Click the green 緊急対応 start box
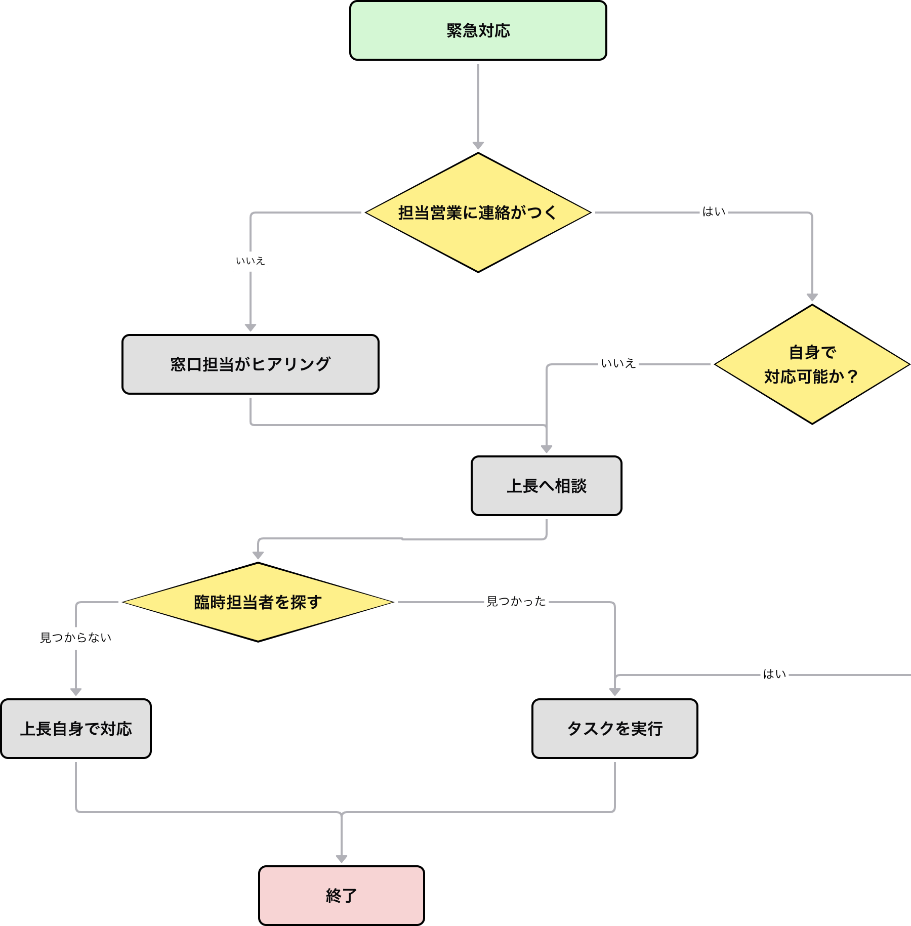pos(478,30)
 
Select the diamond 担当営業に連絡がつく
pos(478,213)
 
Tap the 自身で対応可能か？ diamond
pos(812,364)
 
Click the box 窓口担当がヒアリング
pos(251,364)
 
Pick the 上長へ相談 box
pos(546,486)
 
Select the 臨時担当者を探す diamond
pos(258,602)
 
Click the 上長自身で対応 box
pos(76,729)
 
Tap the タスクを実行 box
pos(614,729)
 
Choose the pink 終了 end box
pos(341,896)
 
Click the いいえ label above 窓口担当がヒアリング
pos(250,261)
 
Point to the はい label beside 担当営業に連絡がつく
pos(714,212)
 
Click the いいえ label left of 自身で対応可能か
pos(618,364)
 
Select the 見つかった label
pos(516,602)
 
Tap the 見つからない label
pos(76,638)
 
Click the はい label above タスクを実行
pos(774,675)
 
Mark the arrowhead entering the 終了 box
pos(342,859)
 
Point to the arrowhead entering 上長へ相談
pos(547,449)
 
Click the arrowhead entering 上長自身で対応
pos(76,692)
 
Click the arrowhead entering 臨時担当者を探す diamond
pos(258,555)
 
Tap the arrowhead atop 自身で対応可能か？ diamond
pos(812,297)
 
